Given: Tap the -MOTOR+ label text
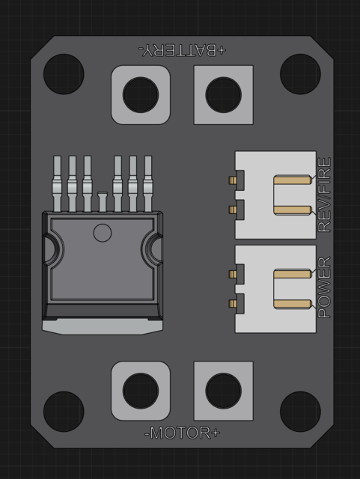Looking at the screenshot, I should pyautogui.click(x=182, y=433).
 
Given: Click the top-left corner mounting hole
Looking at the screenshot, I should pyautogui.click(x=63, y=74).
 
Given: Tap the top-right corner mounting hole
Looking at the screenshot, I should pyautogui.click(x=300, y=74).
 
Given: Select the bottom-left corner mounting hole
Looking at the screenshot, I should pyautogui.click(x=63, y=409).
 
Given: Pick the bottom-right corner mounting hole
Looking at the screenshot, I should pyautogui.click(x=300, y=409).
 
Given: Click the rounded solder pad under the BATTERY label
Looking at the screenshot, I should pyautogui.click(x=140, y=95).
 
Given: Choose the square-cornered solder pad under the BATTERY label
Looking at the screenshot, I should pyautogui.click(x=223, y=95).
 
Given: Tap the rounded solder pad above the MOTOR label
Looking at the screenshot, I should pyautogui.click(x=140, y=391).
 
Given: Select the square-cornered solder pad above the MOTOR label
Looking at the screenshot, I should pyautogui.click(x=223, y=391).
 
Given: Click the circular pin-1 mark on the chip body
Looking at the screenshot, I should pyautogui.click(x=102, y=232).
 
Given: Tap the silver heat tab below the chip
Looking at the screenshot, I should pyautogui.click(x=103, y=326).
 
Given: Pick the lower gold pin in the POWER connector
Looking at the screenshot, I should pyautogui.click(x=292, y=304).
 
